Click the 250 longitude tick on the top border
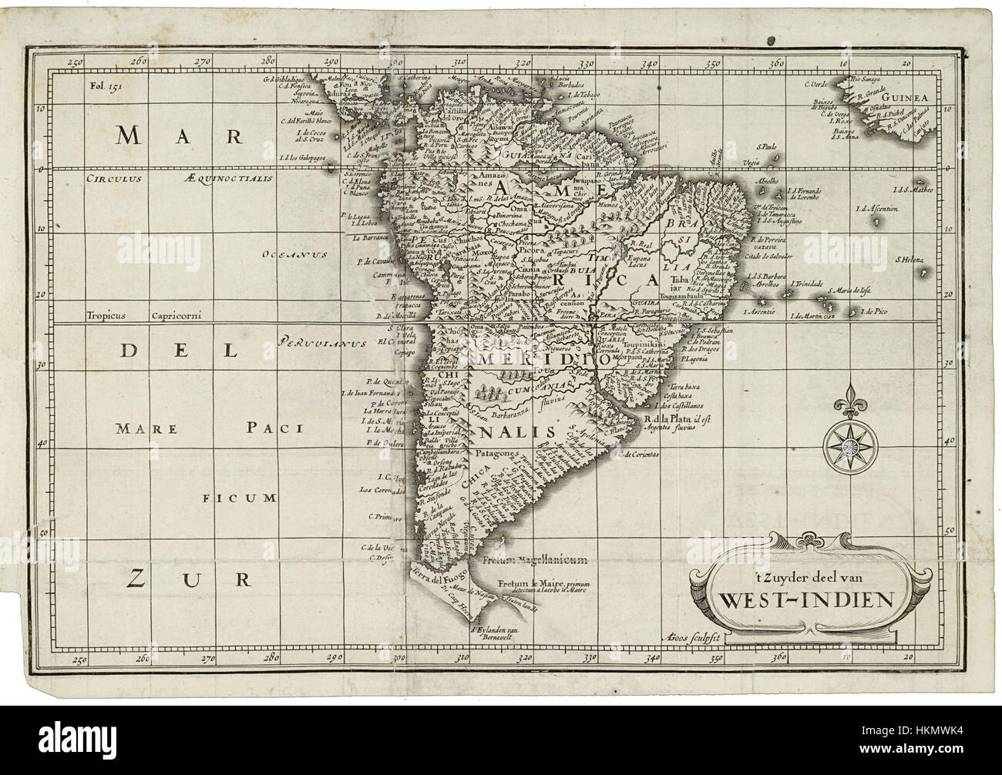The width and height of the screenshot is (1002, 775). [75, 63]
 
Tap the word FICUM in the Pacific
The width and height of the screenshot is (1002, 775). [240, 498]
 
